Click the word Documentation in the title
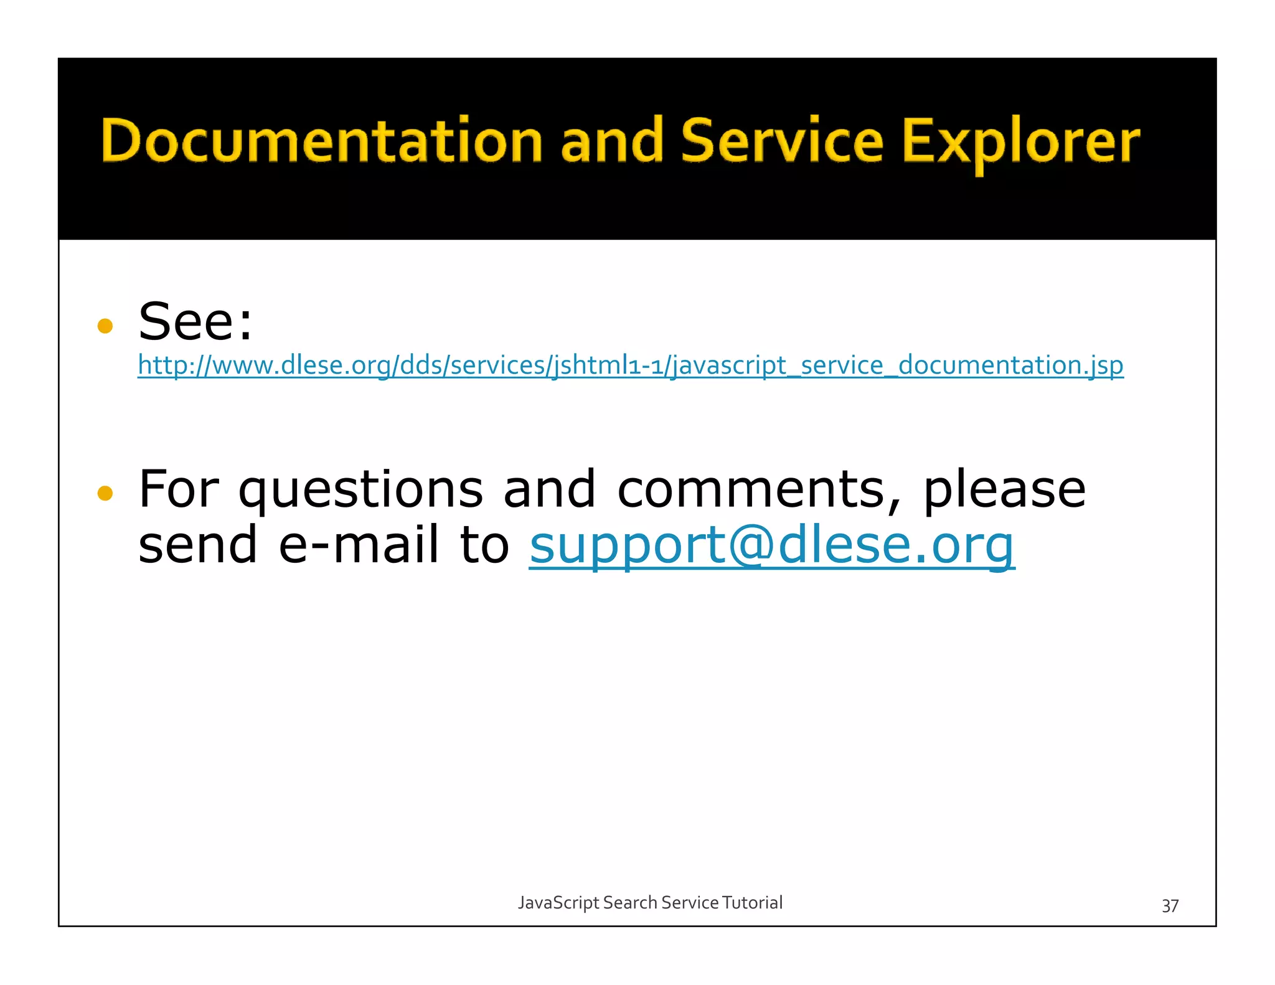pos(321,141)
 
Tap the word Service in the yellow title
pos(782,141)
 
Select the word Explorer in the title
pos(1021,143)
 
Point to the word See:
pos(195,322)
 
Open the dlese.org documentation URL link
pos(630,365)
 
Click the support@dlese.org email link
pos(772,545)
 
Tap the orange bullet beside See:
pos(105,326)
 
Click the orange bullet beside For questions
pos(105,493)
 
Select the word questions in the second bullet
pos(360,491)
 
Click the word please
pos(1004,491)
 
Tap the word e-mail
pos(359,545)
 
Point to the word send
pos(198,545)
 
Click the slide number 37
pos(1170,905)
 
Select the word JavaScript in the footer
pos(558,903)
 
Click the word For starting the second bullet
pos(179,489)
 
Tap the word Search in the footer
pos(630,902)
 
